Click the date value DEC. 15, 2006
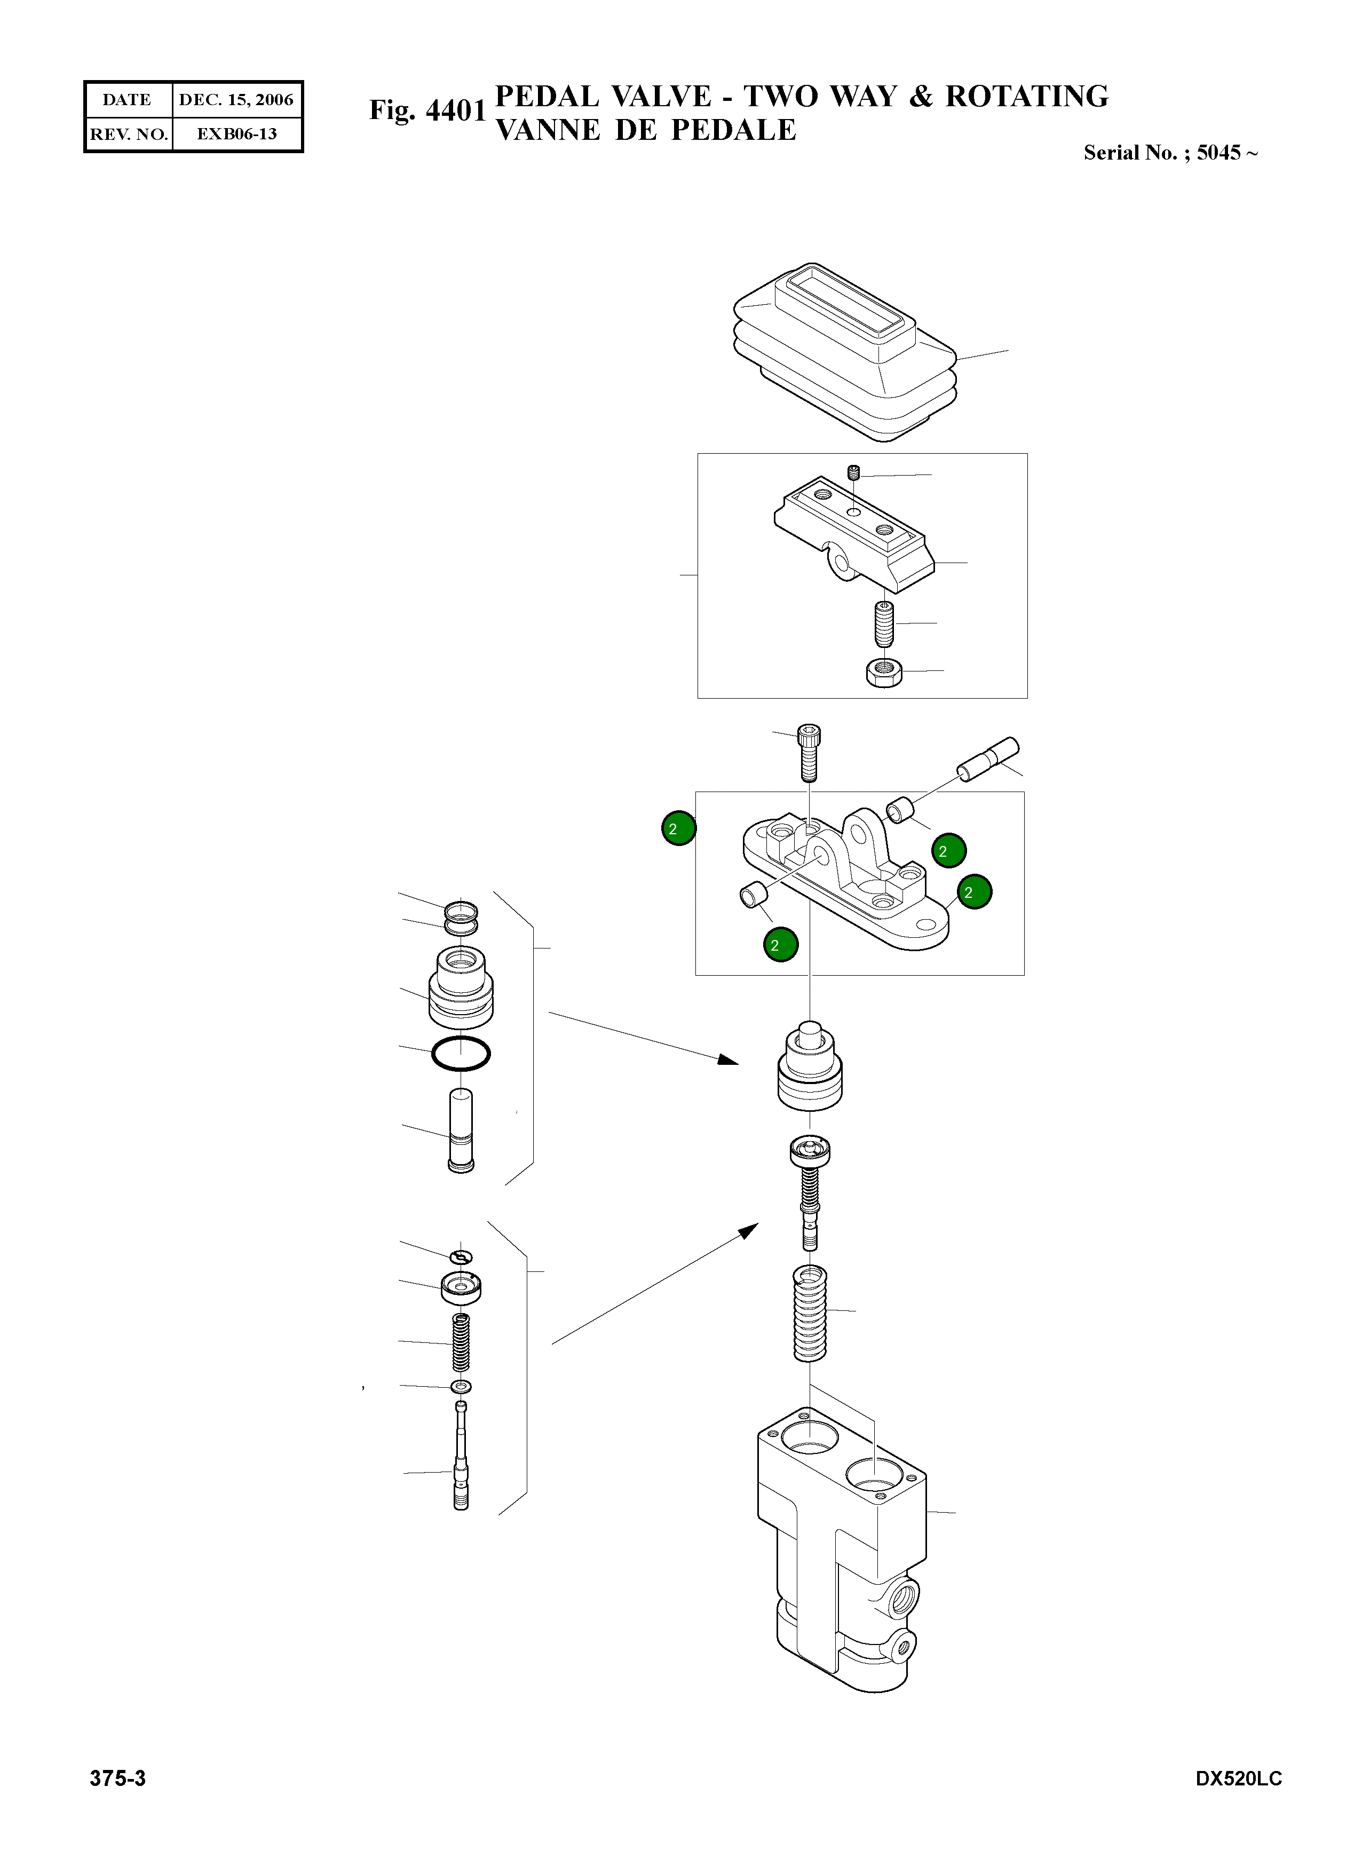236,100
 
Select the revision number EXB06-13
236,133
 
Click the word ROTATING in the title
1026,97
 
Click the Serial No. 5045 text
1171,153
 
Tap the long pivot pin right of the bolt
988,758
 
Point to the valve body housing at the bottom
842,1549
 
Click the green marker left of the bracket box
678,829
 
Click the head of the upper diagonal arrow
729,1059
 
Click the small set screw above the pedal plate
854,472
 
